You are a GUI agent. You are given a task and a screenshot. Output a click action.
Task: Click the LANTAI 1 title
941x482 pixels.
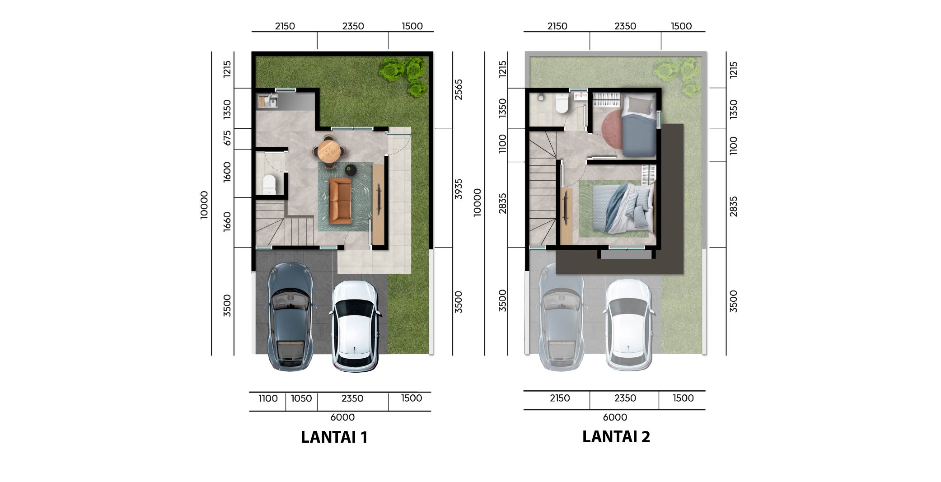(x=334, y=437)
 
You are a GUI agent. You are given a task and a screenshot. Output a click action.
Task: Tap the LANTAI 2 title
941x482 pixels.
(x=616, y=437)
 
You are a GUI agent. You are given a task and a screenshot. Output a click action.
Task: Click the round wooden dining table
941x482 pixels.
(x=329, y=151)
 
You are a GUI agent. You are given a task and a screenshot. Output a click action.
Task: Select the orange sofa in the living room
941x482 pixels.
(x=340, y=201)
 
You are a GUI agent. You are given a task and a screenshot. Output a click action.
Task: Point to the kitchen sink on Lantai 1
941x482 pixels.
(x=267, y=101)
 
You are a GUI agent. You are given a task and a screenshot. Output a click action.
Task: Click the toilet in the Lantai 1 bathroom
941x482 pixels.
(x=269, y=185)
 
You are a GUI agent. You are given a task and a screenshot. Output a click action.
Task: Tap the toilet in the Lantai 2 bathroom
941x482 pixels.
(x=562, y=103)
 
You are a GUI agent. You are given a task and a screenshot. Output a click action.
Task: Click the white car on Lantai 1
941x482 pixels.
(x=355, y=326)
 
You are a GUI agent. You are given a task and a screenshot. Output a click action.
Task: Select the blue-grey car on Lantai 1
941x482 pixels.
(x=290, y=317)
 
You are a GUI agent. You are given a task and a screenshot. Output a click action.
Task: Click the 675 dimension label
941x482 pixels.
(x=227, y=138)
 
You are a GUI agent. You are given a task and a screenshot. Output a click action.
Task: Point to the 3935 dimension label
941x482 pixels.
(x=458, y=189)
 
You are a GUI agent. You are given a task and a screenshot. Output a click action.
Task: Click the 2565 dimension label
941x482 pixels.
(x=458, y=89)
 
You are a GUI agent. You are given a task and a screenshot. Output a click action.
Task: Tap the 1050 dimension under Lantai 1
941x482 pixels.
(x=301, y=398)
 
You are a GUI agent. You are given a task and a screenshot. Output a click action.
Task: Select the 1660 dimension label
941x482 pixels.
(x=227, y=221)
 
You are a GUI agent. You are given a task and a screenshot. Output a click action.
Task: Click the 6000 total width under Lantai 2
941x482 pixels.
(x=615, y=417)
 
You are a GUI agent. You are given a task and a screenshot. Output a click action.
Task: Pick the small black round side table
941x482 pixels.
(x=351, y=170)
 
